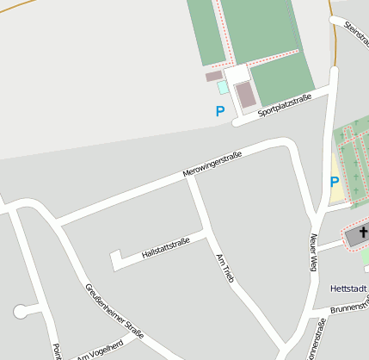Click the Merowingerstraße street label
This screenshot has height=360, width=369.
(212, 164)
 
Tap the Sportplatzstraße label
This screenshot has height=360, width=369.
(284, 106)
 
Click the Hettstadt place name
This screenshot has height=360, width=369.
(348, 288)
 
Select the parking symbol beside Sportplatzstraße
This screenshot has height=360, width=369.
(220, 111)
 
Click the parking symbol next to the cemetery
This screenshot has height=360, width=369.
(335, 182)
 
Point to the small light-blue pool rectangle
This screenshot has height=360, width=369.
(224, 88)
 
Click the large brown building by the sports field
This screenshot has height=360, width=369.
(246, 95)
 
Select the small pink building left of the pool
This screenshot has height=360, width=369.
(213, 76)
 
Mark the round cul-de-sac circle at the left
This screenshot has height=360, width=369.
(21, 311)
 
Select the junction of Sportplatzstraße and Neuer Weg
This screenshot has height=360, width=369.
(331, 90)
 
